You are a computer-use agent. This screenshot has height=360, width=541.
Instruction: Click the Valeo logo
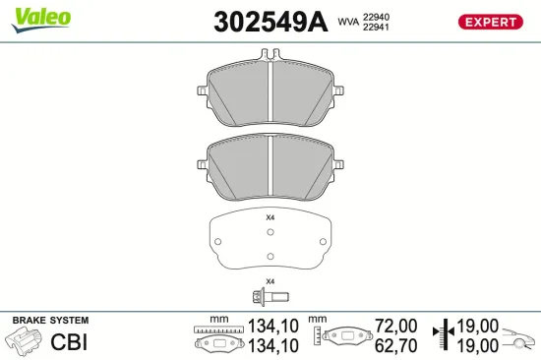click(39, 18)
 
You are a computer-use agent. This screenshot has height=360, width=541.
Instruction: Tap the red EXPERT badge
click(489, 22)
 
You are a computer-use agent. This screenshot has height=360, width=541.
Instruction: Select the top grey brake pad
click(270, 93)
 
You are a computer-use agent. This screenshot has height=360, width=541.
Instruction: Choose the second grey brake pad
click(270, 164)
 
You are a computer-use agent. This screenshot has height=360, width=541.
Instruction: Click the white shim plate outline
click(270, 241)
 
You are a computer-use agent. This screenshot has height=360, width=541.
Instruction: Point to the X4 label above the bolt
click(270, 279)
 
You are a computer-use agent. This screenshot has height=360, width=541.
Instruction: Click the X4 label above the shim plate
click(270, 217)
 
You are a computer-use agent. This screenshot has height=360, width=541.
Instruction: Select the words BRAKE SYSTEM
click(50, 321)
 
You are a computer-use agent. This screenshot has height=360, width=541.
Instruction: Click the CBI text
click(70, 342)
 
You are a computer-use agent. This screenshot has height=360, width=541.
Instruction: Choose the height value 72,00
click(397, 325)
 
